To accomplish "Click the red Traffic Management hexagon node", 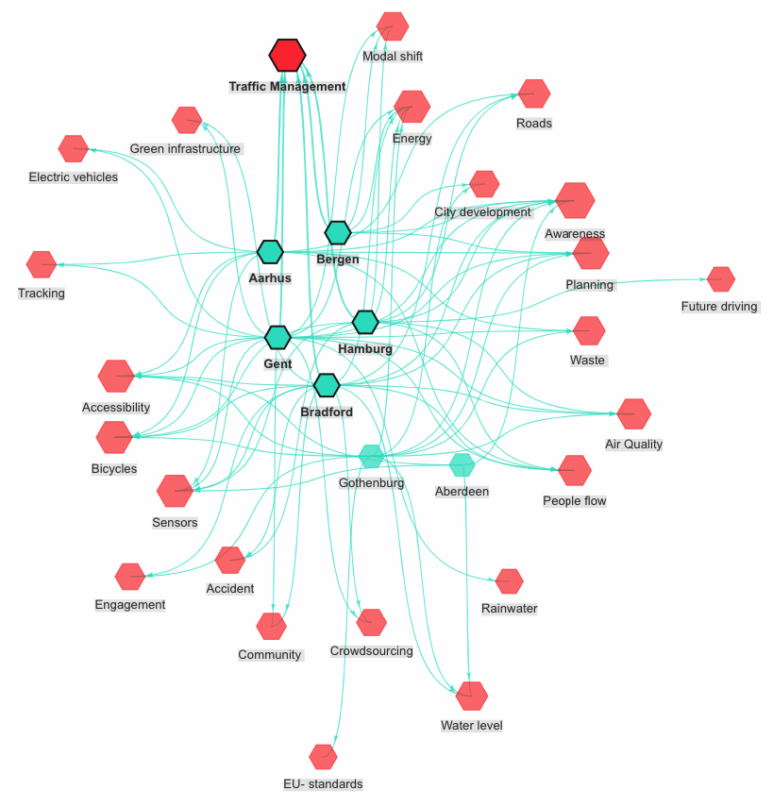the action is (287, 56).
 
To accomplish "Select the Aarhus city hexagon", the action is (270, 252).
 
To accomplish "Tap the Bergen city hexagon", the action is (338, 232).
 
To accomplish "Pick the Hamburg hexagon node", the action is (365, 322).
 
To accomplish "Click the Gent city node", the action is (277, 337).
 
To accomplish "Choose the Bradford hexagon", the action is (326, 385).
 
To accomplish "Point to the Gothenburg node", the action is (372, 457).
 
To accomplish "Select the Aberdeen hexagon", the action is (462, 464).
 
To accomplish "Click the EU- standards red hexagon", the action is (323, 757).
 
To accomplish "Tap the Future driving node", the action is (721, 279).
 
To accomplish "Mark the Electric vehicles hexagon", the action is (73, 149).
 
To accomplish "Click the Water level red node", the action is (472, 697).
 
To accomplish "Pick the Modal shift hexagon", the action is (393, 26).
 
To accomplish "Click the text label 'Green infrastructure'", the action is (186, 149).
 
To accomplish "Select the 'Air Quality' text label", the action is (633, 445).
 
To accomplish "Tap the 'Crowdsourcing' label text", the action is (371, 651).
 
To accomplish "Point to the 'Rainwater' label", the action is (509, 609).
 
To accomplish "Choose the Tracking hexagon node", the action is (42, 265).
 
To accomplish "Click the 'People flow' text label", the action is (574, 501).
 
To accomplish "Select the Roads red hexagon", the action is (534, 94).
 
